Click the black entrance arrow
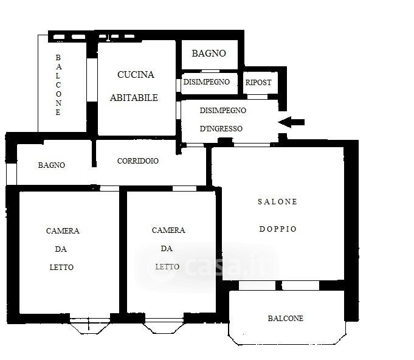[x=291, y=122]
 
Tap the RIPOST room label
[x=258, y=83]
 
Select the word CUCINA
[x=136, y=75]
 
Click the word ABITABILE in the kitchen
[x=134, y=98]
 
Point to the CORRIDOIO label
[x=138, y=161]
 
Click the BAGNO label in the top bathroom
[x=209, y=54]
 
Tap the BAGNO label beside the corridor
[x=52, y=165]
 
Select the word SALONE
[x=277, y=202]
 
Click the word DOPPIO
[x=278, y=229]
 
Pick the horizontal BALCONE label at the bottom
[x=285, y=319]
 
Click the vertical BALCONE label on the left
[x=58, y=85]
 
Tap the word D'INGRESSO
[x=221, y=129]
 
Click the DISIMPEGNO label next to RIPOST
[x=207, y=82]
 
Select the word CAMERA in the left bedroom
[x=63, y=231]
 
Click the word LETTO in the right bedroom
[x=167, y=267]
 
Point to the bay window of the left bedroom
[x=90, y=326]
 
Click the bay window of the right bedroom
[x=164, y=326]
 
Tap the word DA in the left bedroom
[x=61, y=249]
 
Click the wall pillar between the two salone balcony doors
[x=279, y=286]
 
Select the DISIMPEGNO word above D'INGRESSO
[x=223, y=111]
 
